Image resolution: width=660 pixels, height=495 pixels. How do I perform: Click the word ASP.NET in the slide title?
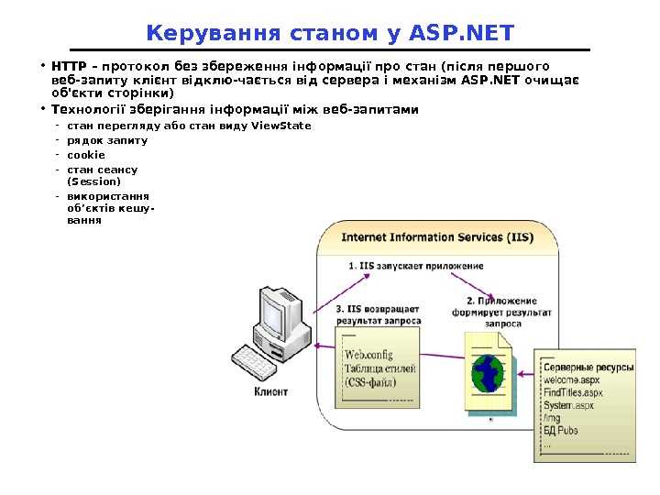462,34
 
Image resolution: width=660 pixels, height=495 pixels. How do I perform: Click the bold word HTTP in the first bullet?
69,66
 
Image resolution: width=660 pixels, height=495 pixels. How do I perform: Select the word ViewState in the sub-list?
280,126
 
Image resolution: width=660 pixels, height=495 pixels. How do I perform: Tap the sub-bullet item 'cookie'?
87,155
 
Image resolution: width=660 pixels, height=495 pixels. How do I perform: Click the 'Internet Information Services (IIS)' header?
436,237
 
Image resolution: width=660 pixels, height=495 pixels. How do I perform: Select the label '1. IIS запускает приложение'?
415,266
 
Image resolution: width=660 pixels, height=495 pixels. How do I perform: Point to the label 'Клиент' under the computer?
270,391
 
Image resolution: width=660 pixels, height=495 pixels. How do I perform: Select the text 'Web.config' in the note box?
368,355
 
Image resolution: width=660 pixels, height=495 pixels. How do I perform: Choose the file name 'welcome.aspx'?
571,379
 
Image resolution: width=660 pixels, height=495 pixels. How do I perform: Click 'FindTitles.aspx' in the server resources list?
573,392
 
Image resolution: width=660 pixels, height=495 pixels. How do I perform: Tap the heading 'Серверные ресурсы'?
582,366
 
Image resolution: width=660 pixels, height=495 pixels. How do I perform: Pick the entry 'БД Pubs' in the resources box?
561,430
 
